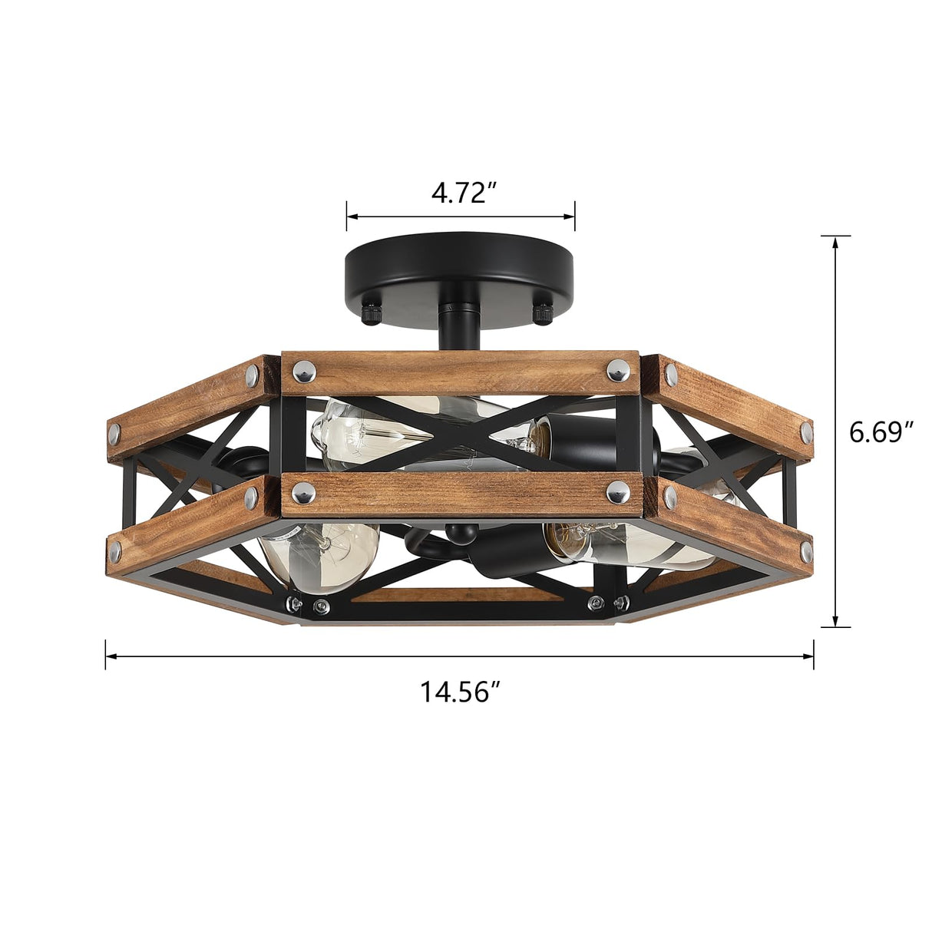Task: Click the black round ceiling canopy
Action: tap(460, 265)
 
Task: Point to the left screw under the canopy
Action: tap(374, 312)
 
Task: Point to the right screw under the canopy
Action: tap(544, 312)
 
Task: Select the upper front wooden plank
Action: tap(461, 373)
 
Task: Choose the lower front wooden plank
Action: tap(461, 494)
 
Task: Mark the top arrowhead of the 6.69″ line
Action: tap(835, 241)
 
